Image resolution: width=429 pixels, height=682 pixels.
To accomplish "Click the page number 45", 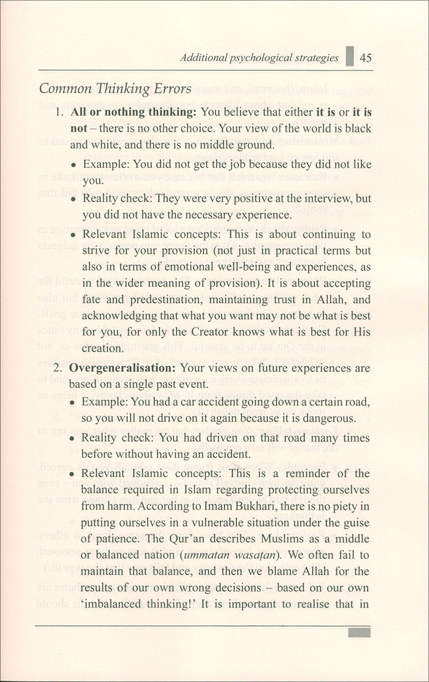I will [x=366, y=57].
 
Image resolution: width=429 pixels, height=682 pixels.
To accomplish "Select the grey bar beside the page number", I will [x=350, y=56].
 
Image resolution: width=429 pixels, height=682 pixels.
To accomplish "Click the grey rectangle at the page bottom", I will [x=359, y=633].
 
